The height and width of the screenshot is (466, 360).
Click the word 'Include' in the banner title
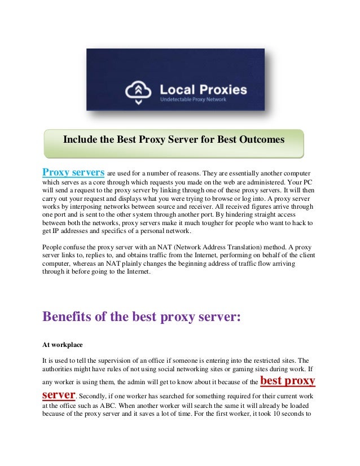tap(81, 139)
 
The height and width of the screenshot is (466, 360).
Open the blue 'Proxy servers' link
tap(73, 172)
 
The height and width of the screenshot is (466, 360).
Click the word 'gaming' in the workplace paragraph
tap(253, 370)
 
